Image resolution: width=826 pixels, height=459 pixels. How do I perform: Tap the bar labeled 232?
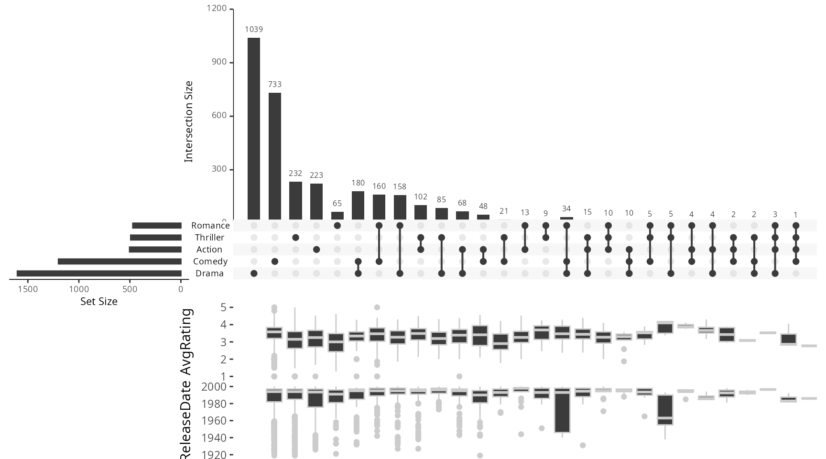pyautogui.click(x=295, y=201)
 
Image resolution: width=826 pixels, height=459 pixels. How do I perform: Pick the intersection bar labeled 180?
pyautogui.click(x=358, y=206)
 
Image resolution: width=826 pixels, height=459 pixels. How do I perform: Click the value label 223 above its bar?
pyautogui.click(x=316, y=175)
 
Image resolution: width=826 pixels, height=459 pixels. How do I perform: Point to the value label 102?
pyautogui.click(x=421, y=197)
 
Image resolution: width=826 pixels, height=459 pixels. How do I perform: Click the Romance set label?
pyautogui.click(x=210, y=226)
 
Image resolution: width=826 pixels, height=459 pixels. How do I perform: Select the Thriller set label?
pyautogui.click(x=209, y=238)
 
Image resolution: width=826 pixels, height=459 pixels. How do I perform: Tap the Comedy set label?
pyautogui.click(x=210, y=262)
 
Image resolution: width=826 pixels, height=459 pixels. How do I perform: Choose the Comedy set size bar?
pyautogui.click(x=120, y=262)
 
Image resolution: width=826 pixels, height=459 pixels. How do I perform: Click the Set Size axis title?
pyautogui.click(x=98, y=302)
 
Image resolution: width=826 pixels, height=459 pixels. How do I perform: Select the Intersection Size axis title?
pyautogui.click(x=189, y=121)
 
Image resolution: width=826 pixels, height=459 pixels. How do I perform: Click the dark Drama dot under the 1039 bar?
pyautogui.click(x=254, y=273)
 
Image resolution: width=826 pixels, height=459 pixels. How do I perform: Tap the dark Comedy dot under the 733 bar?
pyautogui.click(x=275, y=262)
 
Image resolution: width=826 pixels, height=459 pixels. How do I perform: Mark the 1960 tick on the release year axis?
pyautogui.click(x=214, y=421)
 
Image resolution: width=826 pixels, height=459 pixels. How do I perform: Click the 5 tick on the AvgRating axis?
pyautogui.click(x=223, y=307)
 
